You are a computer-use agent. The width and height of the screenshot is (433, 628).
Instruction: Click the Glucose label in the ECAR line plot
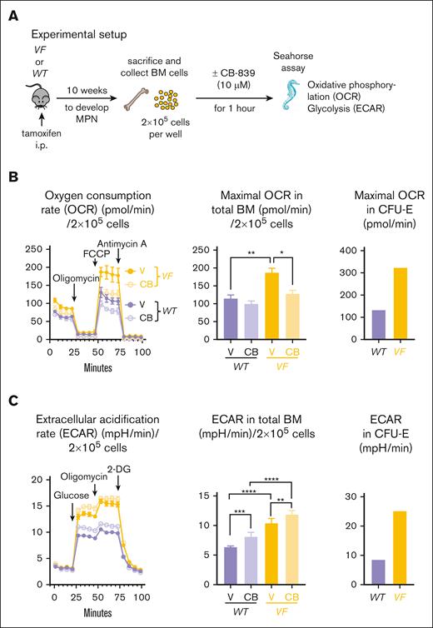[x=50, y=492]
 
